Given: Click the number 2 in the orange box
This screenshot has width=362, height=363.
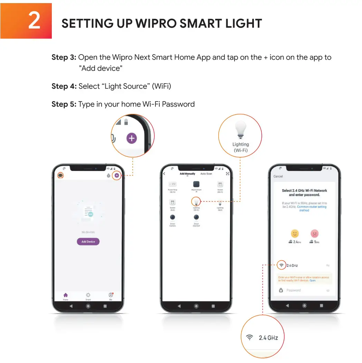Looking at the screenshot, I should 34,21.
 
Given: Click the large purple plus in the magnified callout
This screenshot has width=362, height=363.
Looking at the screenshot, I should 131,138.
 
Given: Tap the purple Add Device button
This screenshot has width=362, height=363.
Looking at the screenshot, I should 88,242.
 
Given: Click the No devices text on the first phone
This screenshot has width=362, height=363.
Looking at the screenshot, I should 88,232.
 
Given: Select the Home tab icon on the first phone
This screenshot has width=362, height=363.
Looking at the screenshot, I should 65,295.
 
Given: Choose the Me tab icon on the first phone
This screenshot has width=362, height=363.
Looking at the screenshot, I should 111,295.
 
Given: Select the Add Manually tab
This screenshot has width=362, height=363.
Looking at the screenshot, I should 187,174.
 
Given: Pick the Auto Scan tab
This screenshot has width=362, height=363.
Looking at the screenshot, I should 206,174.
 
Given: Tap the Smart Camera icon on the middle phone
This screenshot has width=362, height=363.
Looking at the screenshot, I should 172,217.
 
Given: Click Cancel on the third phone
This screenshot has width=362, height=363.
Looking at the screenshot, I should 278,176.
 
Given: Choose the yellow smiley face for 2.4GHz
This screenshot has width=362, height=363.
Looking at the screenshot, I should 295,233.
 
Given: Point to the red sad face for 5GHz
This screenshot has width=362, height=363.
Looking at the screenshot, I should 314,233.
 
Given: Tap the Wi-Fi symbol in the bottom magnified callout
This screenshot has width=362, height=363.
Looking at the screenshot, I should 249,337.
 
